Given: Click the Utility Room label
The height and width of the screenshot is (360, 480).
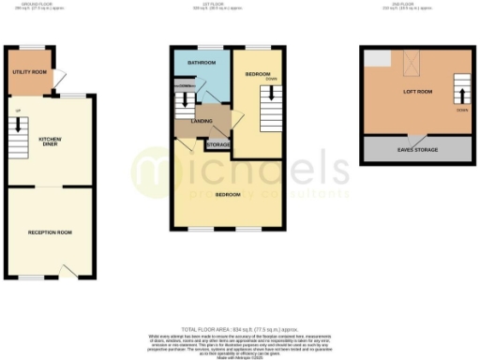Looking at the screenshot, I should click(29, 71).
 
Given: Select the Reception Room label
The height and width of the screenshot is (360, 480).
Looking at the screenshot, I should click(51, 232).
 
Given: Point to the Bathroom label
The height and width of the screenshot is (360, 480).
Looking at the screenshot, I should click(202, 63).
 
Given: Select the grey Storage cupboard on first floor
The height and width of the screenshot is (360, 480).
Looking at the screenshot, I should click(217, 145).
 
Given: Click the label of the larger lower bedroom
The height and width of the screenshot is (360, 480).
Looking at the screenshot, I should click(228, 195).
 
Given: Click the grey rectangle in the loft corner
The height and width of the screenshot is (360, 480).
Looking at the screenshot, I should click(377, 59).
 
